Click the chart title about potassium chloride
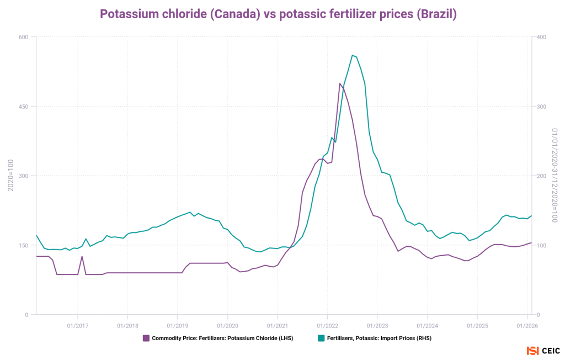tap(278, 14)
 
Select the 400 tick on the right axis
tap(542, 37)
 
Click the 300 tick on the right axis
tap(542, 107)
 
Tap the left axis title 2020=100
tap(10, 176)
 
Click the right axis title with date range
tap(555, 176)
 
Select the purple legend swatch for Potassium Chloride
tap(146, 338)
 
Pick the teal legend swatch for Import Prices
tap(320, 338)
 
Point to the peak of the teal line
tap(352, 55)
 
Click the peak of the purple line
tap(340, 83)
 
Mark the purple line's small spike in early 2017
tap(82, 256)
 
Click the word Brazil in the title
tap(436, 14)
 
